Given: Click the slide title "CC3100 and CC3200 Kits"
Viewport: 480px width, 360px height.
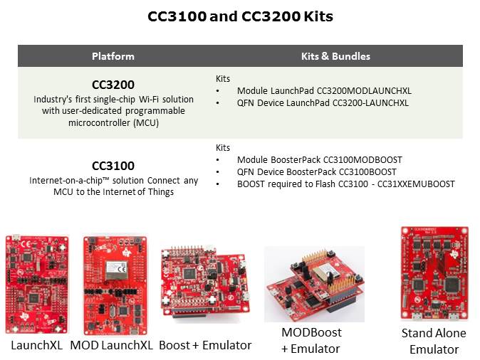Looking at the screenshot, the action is tap(240, 16).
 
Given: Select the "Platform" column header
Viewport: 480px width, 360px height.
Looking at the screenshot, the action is tap(113, 56).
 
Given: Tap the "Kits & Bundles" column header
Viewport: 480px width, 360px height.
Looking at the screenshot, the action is tap(335, 56).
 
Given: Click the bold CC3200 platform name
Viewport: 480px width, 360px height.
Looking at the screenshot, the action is tap(113, 85).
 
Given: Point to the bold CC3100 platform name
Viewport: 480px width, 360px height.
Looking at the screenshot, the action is tap(113, 166).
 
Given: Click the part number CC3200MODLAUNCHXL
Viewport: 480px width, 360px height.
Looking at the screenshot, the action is tap(364, 91).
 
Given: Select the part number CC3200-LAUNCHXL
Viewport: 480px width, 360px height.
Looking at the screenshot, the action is tap(370, 102).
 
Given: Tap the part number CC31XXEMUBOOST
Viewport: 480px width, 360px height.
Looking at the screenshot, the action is tap(416, 184).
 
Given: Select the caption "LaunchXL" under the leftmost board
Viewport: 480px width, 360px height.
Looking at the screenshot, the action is tap(37, 345).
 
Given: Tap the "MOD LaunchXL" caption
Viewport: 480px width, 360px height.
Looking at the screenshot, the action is tap(111, 345).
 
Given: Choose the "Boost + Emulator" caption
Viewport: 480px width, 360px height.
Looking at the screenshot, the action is tap(205, 345).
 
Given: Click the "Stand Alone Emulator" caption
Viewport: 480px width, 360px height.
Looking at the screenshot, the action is tap(434, 341).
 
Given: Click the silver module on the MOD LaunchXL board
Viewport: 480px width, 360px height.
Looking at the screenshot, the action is tap(116, 270).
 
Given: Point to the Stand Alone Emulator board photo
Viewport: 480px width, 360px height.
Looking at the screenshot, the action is tap(434, 273).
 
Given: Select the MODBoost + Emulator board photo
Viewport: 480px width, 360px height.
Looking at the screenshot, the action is tap(314, 284).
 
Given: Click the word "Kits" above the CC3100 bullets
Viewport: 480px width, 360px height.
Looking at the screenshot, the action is tap(222, 148).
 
